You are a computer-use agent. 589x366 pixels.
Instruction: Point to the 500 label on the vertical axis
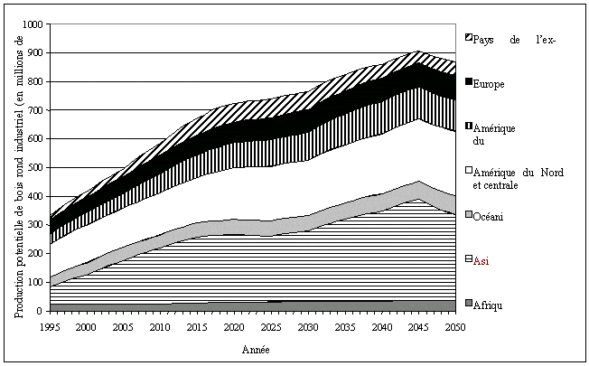37,168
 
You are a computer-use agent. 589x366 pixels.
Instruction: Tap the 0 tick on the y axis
42,311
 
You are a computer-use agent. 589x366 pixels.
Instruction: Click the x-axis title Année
254,348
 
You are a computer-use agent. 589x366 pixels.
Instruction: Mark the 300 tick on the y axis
37,225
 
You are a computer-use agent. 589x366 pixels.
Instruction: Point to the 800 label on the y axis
37,82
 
